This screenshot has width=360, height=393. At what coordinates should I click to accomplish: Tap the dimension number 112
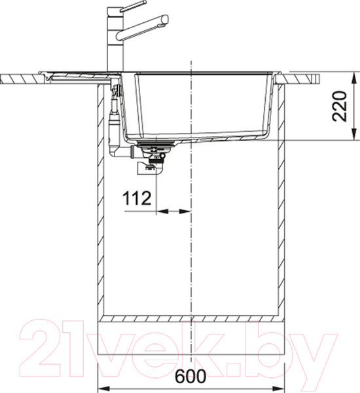pyautogui.click(x=137, y=196)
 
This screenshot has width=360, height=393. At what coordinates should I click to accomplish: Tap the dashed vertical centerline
pyautogui.click(x=190, y=262)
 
